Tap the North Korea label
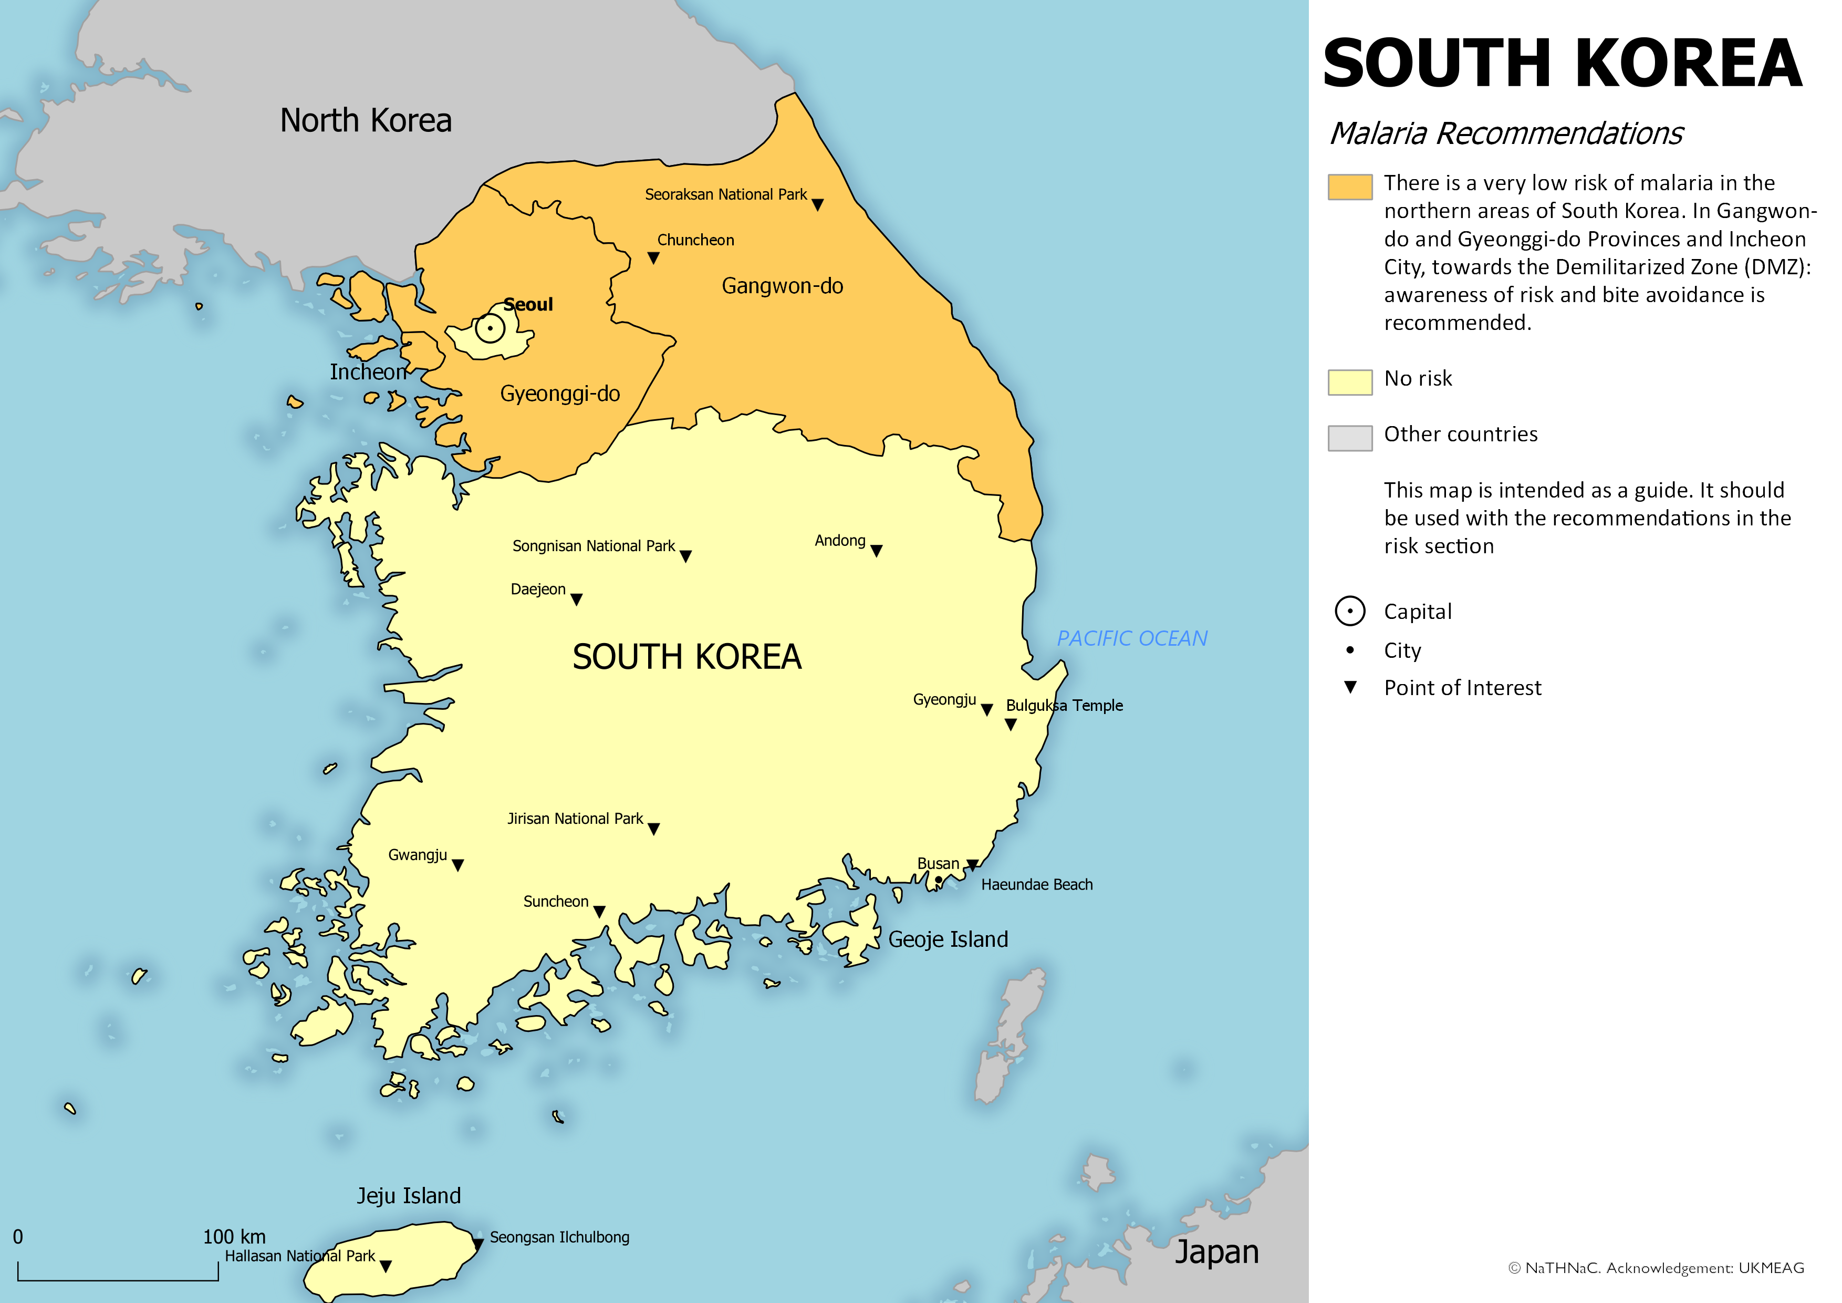point(366,120)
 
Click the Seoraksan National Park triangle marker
point(817,204)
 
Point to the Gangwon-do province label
point(782,286)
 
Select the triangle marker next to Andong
point(876,551)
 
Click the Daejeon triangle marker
point(576,599)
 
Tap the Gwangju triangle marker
point(457,865)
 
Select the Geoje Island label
point(948,939)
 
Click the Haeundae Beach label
point(1036,884)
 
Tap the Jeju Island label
point(408,1195)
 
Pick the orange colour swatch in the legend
point(1349,186)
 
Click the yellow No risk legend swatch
point(1349,382)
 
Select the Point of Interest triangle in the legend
point(1350,687)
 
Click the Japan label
point(1216,1252)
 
